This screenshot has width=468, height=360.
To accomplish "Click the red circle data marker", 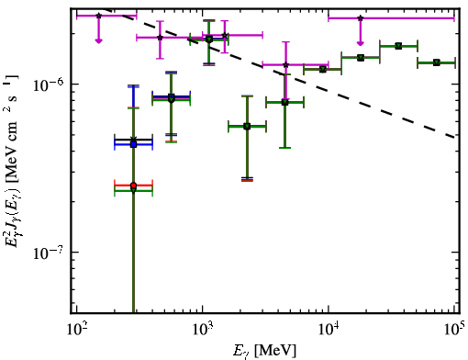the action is [133, 186].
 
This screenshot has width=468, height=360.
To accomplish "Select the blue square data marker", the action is [133, 144].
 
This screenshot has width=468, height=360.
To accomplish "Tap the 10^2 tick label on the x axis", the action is [77, 329].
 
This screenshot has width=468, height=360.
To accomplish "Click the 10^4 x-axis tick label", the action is [329, 329].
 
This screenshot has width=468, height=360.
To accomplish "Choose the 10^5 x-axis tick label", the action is [455, 329].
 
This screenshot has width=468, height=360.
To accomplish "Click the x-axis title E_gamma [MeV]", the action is [264, 351].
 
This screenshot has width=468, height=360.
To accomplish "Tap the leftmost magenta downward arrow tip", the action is [98, 43].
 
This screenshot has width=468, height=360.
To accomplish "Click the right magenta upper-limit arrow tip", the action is [361, 45].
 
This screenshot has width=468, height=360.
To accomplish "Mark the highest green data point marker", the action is [209, 39].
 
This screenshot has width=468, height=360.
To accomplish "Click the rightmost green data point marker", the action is [437, 62].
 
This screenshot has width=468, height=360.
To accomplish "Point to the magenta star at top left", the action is [98, 16].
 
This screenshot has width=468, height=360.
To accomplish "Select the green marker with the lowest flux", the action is [133, 190].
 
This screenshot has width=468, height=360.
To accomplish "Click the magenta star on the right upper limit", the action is [361, 18].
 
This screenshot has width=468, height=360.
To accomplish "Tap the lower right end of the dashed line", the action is [455, 138].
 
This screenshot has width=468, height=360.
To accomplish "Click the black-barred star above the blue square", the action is [133, 140].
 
